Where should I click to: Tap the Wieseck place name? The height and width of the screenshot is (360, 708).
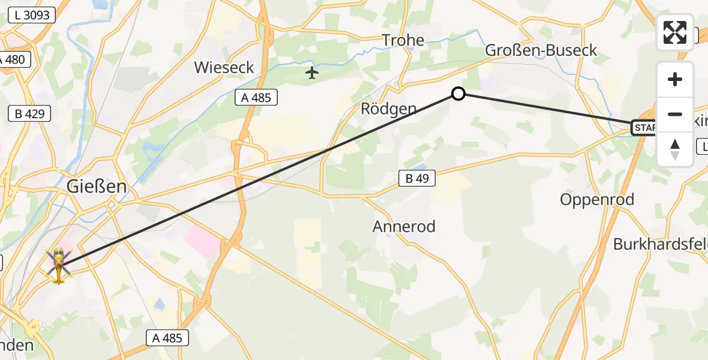[x=224, y=67]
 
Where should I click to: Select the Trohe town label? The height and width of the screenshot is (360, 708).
[x=403, y=41]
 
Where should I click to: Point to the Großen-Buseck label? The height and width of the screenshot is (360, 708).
[x=541, y=50]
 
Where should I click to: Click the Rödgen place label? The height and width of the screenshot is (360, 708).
[x=388, y=109]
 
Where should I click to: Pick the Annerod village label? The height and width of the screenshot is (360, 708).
[x=404, y=227]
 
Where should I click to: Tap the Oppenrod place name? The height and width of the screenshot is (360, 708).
[x=597, y=200]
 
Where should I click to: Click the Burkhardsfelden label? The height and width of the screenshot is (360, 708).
[x=660, y=244]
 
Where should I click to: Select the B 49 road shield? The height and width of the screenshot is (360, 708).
[x=416, y=178]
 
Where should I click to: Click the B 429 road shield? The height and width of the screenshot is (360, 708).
[x=30, y=113]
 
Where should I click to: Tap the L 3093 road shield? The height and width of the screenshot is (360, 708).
[x=32, y=16]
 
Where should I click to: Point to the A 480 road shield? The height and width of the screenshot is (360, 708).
[x=13, y=60]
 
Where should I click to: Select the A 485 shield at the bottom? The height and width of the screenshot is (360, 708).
[x=167, y=338]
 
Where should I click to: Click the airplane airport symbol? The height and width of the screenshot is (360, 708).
[x=311, y=73]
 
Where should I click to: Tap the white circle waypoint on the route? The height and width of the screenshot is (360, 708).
[x=458, y=94]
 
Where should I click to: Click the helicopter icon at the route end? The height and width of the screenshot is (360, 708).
[x=58, y=266]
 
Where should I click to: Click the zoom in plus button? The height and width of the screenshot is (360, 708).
[x=675, y=79]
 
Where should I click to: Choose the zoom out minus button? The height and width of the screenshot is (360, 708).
[x=675, y=114]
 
